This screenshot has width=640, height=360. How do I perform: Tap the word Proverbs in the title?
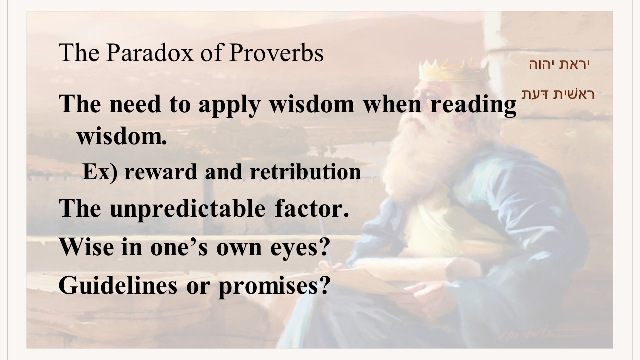[276, 53]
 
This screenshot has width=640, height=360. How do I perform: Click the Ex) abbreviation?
[100, 172]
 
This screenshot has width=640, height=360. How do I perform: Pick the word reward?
[161, 172]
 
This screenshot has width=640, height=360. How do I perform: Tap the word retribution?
[305, 172]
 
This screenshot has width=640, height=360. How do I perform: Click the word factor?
[312, 208]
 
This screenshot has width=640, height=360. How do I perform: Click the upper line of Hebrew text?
[559, 64]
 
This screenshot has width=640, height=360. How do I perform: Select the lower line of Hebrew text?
[558, 94]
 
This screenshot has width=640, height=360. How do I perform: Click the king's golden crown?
[454, 70]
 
